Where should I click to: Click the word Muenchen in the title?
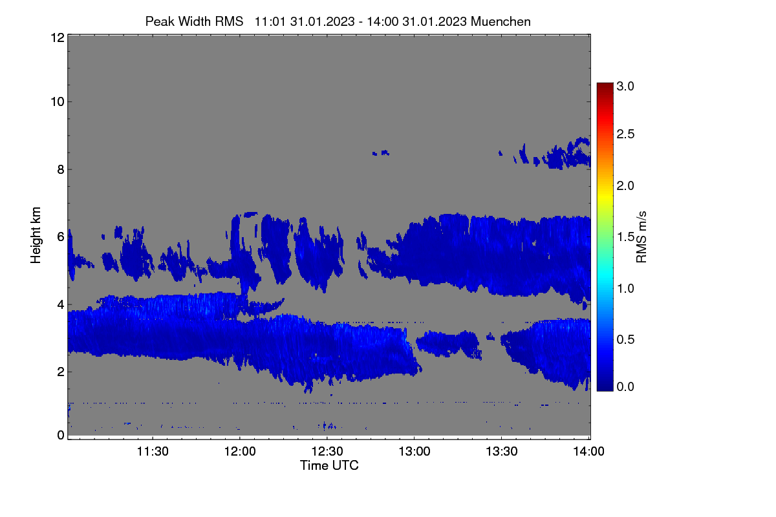(501, 21)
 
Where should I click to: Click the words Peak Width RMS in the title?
(194, 21)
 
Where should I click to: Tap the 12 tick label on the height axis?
(58, 37)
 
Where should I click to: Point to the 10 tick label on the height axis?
(58, 102)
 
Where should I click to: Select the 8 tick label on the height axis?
(61, 170)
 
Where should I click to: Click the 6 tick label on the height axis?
(61, 237)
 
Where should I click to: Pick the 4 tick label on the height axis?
(61, 305)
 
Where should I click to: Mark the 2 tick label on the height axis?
(61, 372)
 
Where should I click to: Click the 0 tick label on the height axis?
(61, 436)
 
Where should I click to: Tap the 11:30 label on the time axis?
(153, 451)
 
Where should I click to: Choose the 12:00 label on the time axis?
(240, 451)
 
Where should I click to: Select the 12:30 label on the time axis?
(327, 451)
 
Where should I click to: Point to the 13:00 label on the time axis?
(415, 451)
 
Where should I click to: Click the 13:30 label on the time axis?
(502, 451)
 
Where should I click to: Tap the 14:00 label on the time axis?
(589, 451)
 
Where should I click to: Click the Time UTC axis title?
(329, 465)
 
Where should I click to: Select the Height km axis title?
(36, 235)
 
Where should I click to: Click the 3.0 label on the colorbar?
(625, 86)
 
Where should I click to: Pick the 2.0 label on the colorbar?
(625, 186)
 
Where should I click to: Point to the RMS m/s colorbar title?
(641, 237)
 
